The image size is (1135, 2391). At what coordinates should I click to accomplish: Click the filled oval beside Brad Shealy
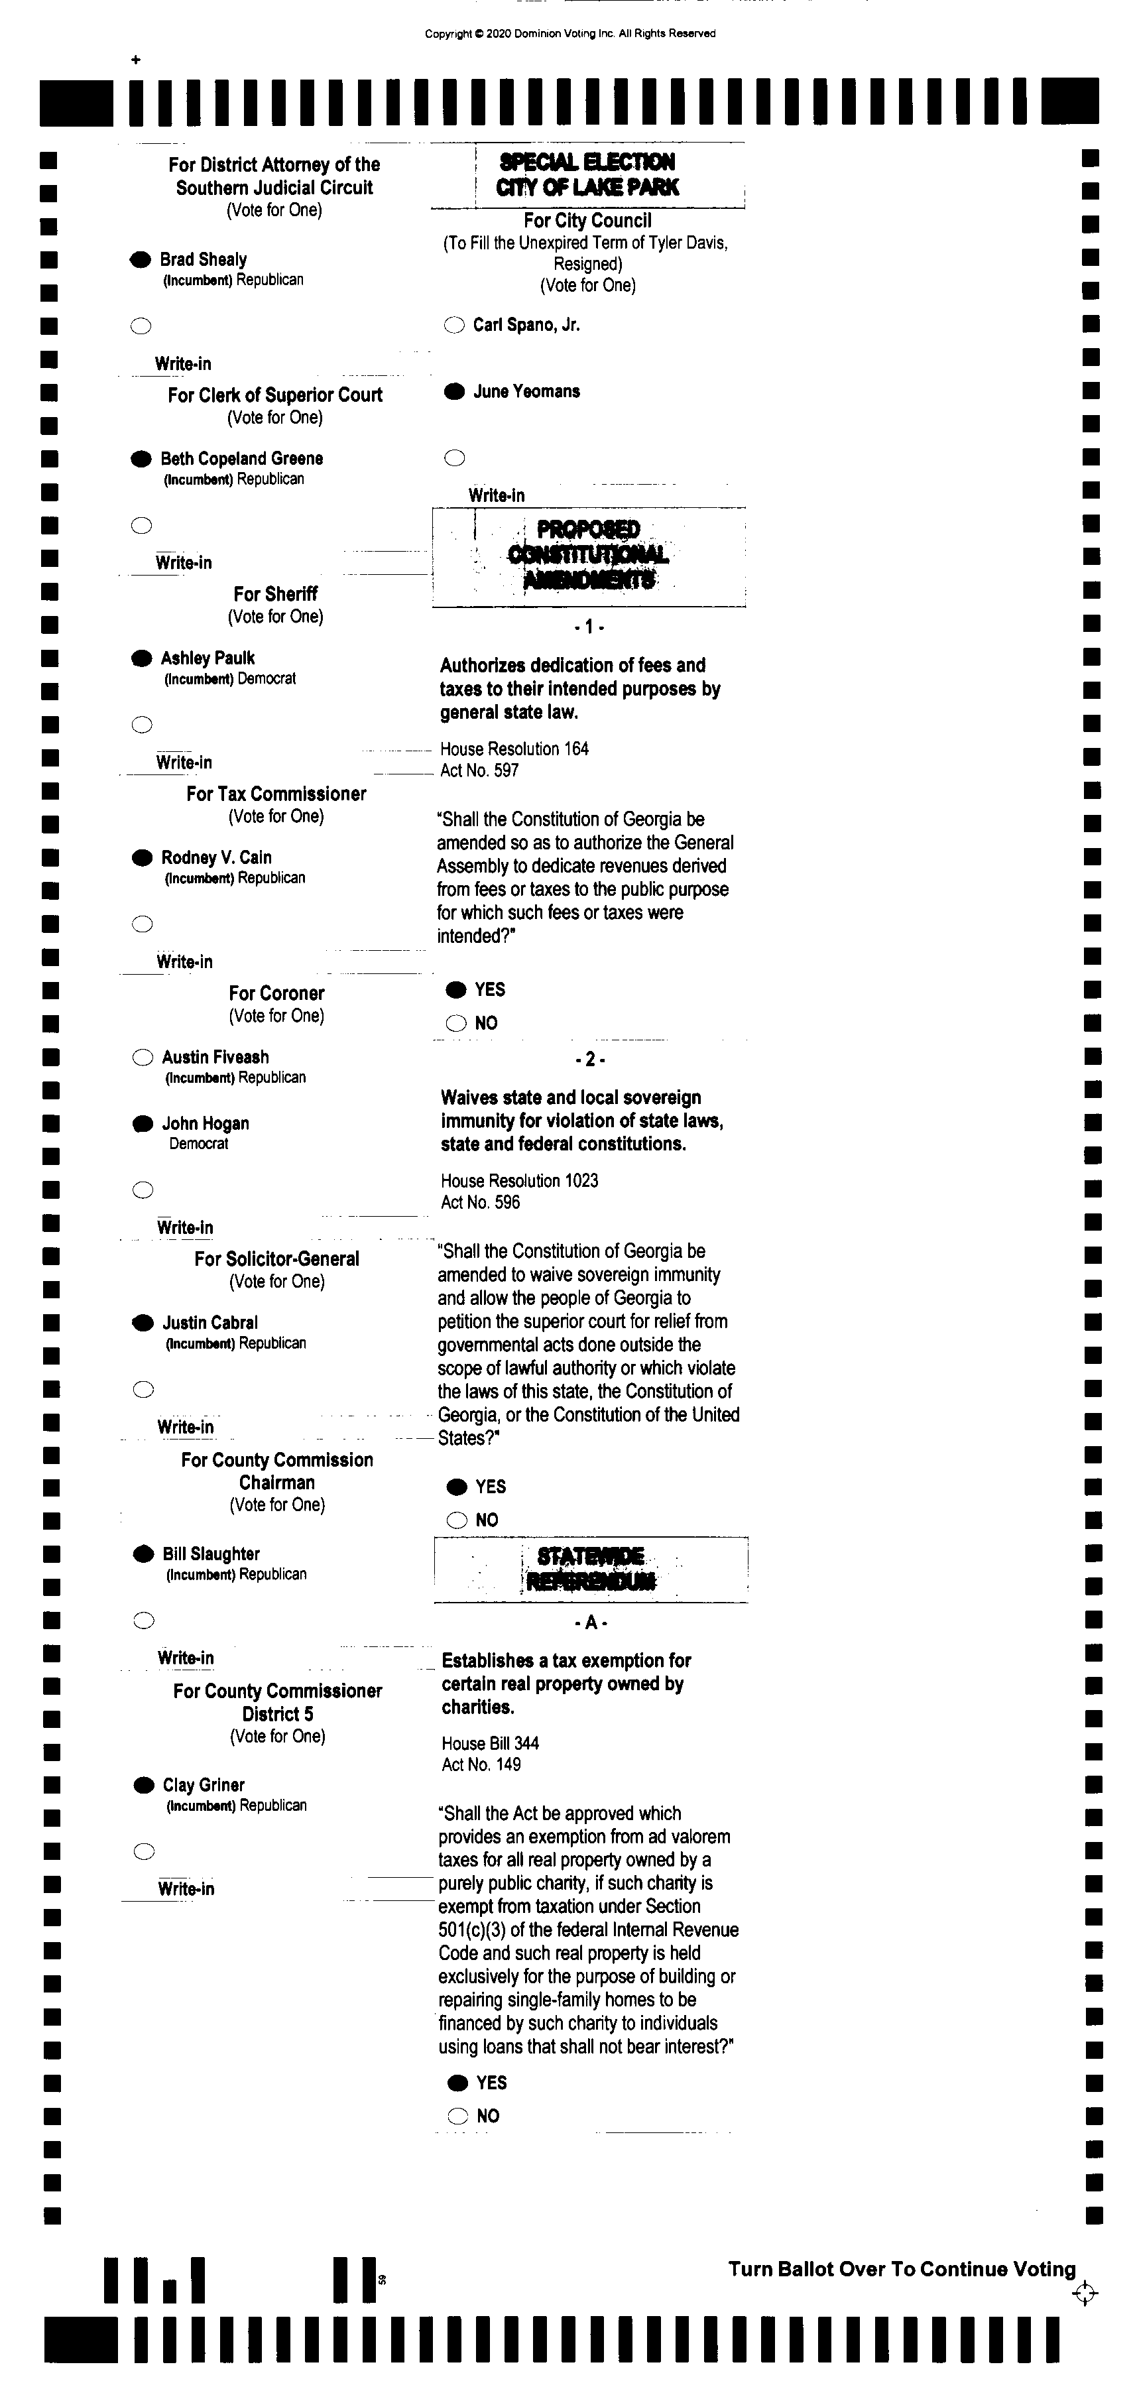click(x=140, y=260)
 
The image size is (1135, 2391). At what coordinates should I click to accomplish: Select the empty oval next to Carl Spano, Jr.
click(x=454, y=325)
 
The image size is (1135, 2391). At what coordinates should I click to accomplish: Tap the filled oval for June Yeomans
click(x=454, y=392)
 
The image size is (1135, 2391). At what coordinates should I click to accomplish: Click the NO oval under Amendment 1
click(x=455, y=1023)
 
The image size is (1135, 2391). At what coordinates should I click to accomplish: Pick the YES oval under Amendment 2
click(x=457, y=1487)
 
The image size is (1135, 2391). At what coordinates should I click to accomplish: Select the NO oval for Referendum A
click(x=457, y=2116)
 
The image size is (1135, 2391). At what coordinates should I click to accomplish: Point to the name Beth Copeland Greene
click(x=241, y=459)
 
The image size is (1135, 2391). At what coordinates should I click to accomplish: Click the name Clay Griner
click(x=204, y=1785)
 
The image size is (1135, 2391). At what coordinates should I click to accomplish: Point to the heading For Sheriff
click(x=276, y=594)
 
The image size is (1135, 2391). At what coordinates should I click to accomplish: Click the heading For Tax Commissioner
click(x=276, y=794)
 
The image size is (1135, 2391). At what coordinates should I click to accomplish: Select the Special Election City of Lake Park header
click(x=587, y=174)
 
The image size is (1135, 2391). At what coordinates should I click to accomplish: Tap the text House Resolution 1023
click(x=519, y=1181)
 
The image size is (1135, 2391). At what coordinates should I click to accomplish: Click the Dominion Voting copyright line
click(x=569, y=33)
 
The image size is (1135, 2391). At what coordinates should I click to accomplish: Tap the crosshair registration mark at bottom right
click(x=1084, y=2294)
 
